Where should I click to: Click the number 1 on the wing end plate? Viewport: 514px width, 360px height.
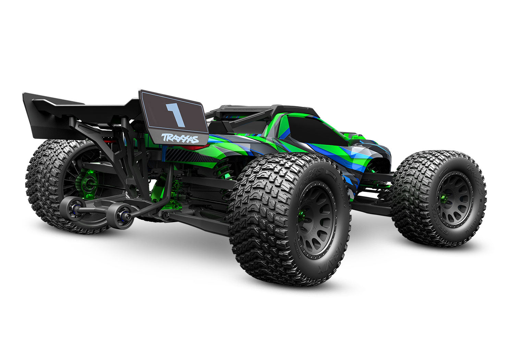pyautogui.click(x=175, y=115)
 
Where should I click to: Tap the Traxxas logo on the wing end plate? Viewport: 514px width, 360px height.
pyautogui.click(x=180, y=138)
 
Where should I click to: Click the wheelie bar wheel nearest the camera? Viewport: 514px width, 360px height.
pyautogui.click(x=122, y=216)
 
